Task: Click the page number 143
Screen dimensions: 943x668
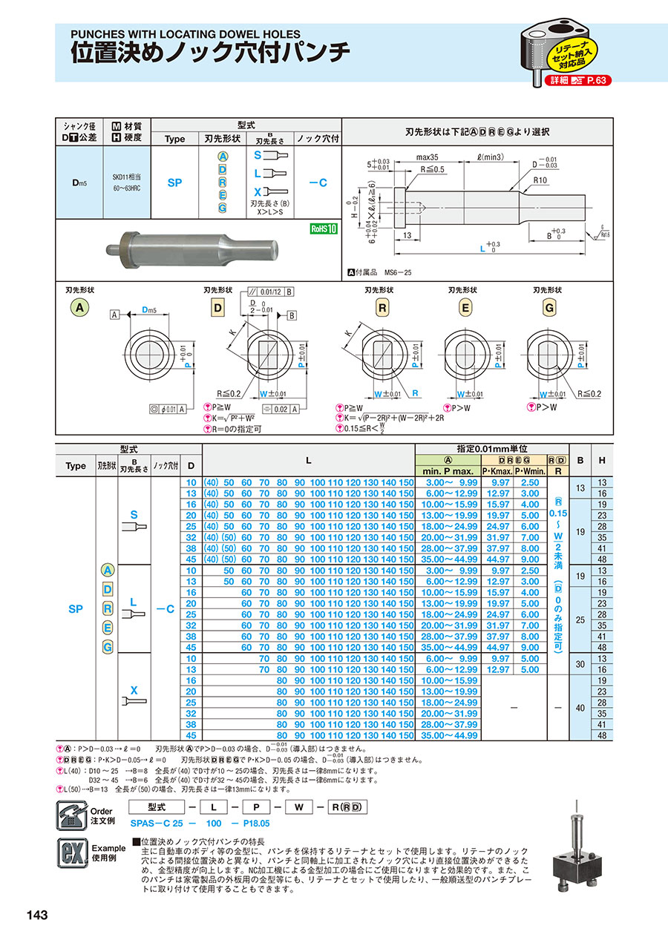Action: point(36,915)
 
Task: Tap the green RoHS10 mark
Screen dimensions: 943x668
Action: point(324,229)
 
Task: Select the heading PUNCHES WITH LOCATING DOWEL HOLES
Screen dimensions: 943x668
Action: point(185,34)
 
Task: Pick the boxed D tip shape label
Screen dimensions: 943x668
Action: point(218,307)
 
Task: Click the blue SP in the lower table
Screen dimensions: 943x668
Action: point(76,608)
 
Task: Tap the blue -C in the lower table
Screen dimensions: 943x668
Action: point(165,608)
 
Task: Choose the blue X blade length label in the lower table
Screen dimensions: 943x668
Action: point(134,690)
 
